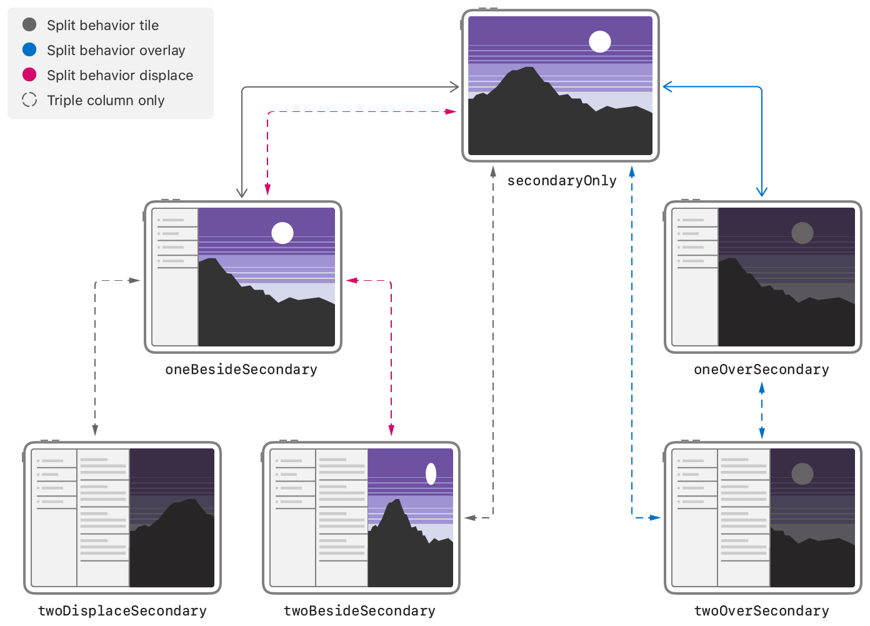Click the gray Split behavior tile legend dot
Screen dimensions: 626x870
[29, 24]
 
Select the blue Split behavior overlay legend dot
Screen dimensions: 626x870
[29, 49]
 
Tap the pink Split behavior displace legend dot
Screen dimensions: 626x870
[29, 74]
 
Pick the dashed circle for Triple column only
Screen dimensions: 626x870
[29, 99]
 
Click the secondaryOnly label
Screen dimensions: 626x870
[561, 181]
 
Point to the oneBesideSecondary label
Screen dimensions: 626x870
[241, 370]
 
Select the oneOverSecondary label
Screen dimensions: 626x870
[761, 370]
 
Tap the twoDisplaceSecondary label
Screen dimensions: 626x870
[122, 610]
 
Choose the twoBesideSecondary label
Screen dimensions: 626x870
[359, 610]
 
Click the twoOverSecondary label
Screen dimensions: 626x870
[761, 610]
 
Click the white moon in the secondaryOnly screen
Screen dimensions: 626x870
[600, 42]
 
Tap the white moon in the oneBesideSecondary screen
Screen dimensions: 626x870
[282, 233]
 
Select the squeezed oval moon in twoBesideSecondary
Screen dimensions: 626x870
[431, 473]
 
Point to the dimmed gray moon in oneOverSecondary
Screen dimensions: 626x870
[802, 233]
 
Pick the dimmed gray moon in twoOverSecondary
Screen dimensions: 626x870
[802, 473]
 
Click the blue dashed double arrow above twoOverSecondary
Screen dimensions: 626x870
[762, 410]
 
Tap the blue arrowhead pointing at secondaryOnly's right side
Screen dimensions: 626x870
[667, 87]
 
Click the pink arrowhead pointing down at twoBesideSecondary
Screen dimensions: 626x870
[391, 430]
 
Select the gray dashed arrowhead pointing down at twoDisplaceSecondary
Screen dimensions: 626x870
[95, 430]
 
